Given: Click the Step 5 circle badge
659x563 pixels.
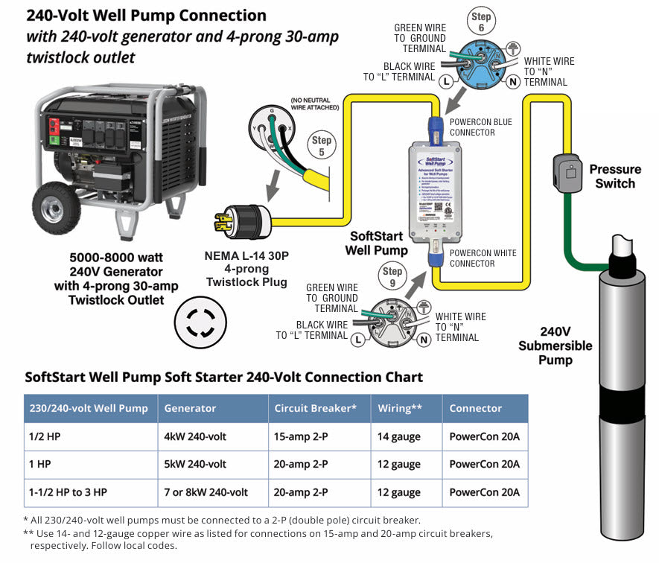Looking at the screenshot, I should [x=322, y=146].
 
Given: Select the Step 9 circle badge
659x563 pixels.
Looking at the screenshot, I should [x=392, y=277].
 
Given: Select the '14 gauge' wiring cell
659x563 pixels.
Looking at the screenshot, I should [x=398, y=436].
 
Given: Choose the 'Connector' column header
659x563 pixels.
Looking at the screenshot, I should [x=476, y=408].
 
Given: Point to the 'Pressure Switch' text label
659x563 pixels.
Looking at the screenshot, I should [x=615, y=176].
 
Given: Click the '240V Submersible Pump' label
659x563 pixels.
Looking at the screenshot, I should [x=555, y=346].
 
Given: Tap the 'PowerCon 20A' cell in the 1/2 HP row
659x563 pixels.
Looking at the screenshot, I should [x=484, y=436].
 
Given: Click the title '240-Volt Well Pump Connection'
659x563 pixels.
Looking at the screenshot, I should [x=146, y=16].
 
